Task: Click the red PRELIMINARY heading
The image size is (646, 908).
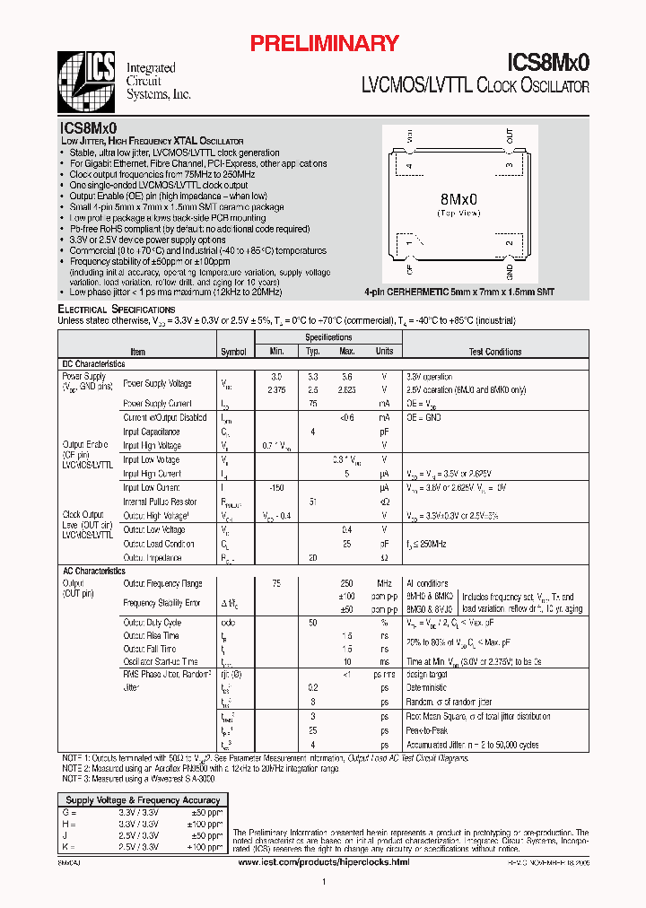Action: point(323,43)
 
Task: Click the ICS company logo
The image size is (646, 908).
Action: point(88,80)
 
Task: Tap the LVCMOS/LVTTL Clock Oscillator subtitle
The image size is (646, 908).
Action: point(475,86)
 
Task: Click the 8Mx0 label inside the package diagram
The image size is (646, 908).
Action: point(458,197)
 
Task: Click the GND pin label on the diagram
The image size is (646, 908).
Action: point(509,271)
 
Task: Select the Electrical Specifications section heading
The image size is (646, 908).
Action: point(117,310)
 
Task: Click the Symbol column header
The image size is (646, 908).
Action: point(233,352)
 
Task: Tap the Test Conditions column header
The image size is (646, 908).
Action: point(495,352)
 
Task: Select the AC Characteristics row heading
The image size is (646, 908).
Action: point(94,571)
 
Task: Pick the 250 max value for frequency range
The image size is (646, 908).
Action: point(346,583)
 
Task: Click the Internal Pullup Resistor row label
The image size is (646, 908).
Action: point(160,502)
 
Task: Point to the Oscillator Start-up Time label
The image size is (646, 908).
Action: point(161,661)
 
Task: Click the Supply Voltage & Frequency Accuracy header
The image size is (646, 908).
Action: point(144,799)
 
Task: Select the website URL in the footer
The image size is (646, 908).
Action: point(325,861)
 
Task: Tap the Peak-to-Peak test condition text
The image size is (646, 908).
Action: point(426,730)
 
